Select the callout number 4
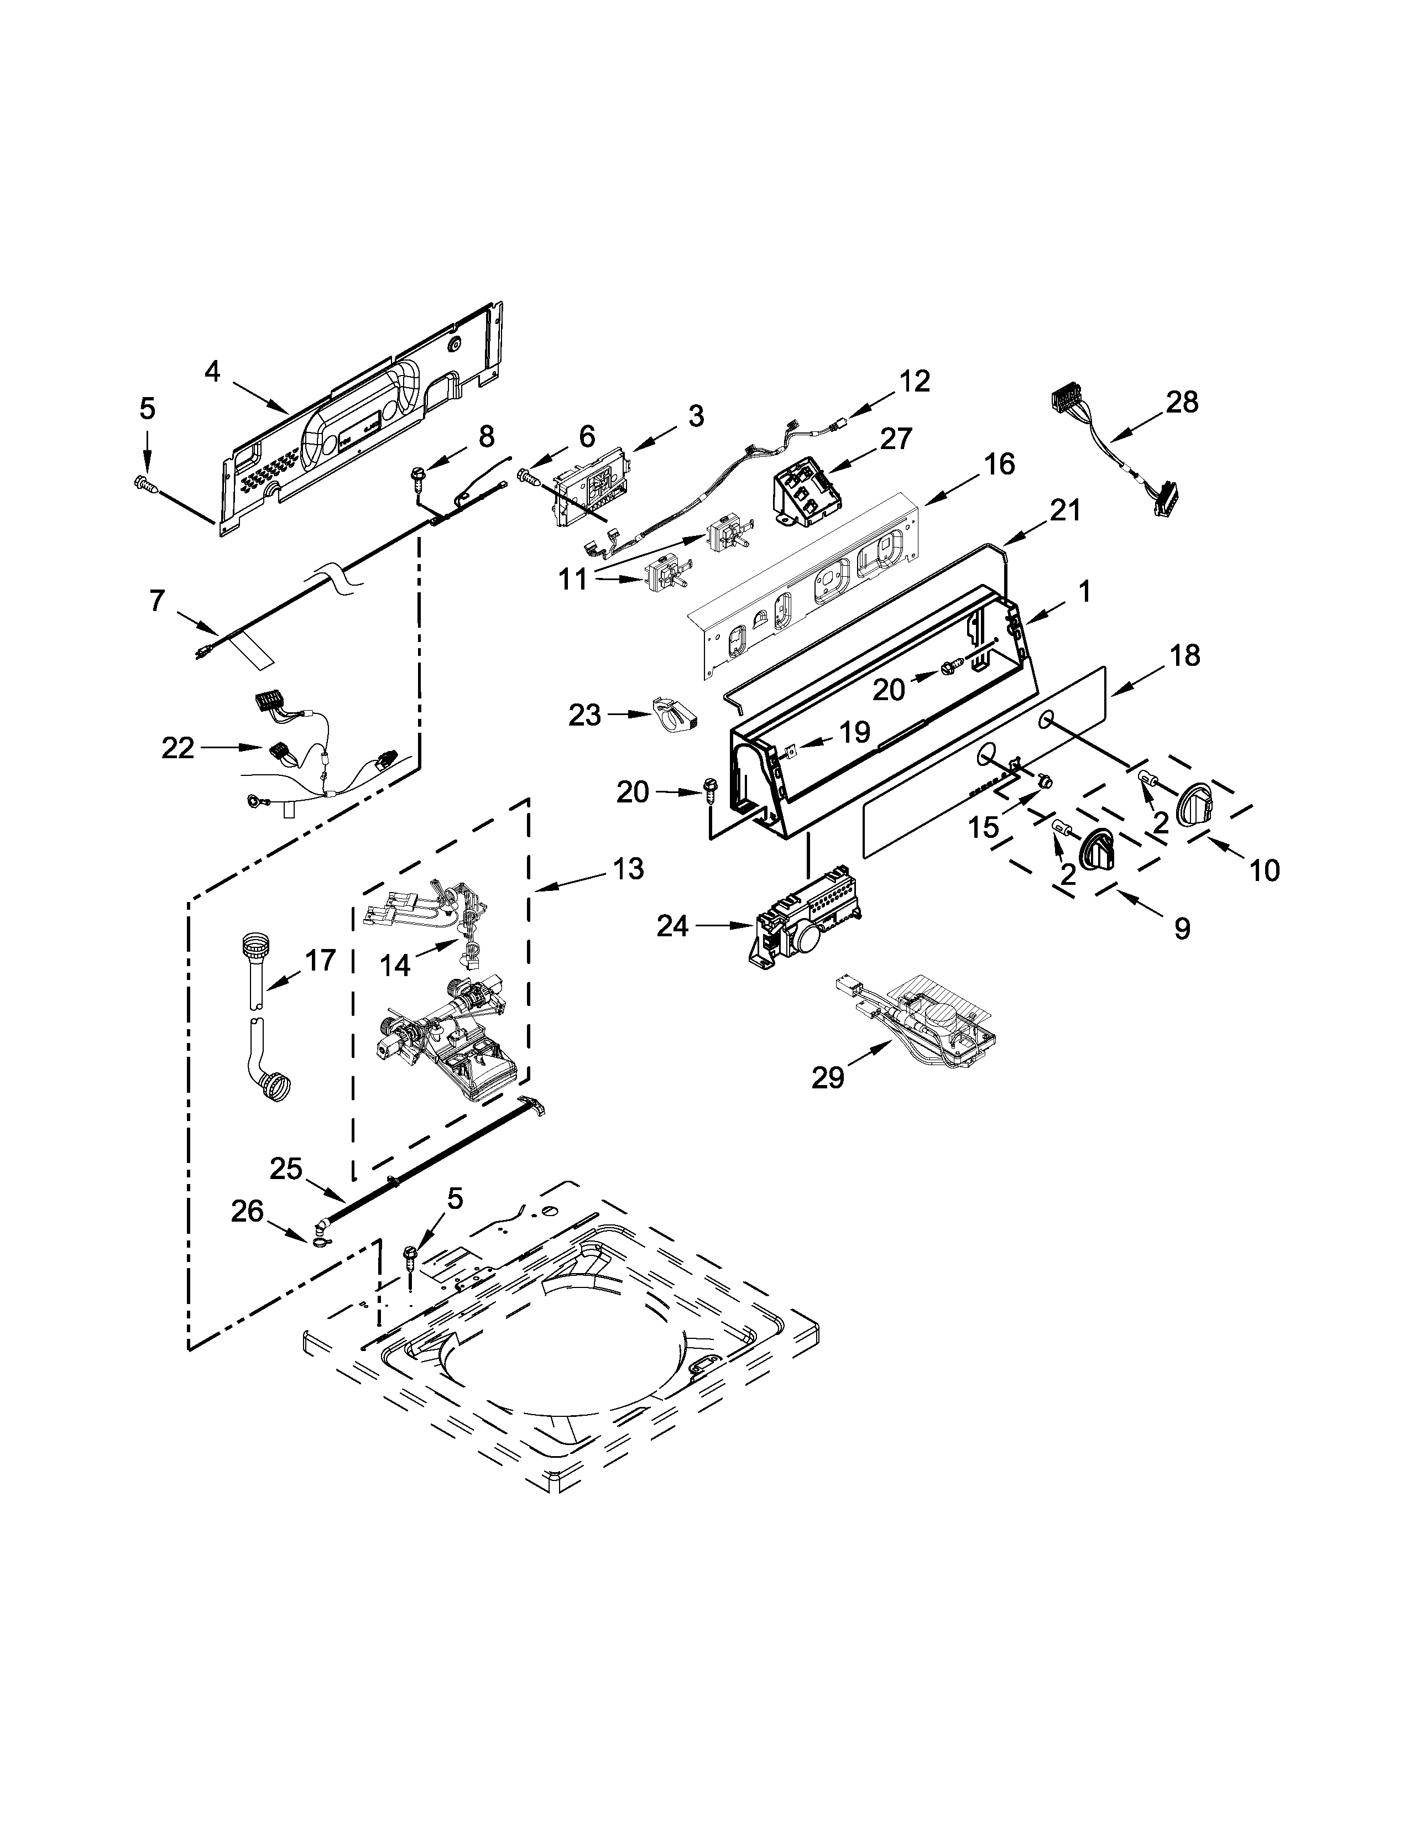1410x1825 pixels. (212, 371)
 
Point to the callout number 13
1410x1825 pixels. (628, 868)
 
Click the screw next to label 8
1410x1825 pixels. (416, 477)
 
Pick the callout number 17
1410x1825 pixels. (320, 960)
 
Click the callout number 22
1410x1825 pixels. (178, 747)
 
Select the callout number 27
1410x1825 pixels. (895, 438)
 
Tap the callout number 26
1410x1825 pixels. (247, 1211)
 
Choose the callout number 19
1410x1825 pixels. (854, 732)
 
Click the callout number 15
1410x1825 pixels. (983, 827)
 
